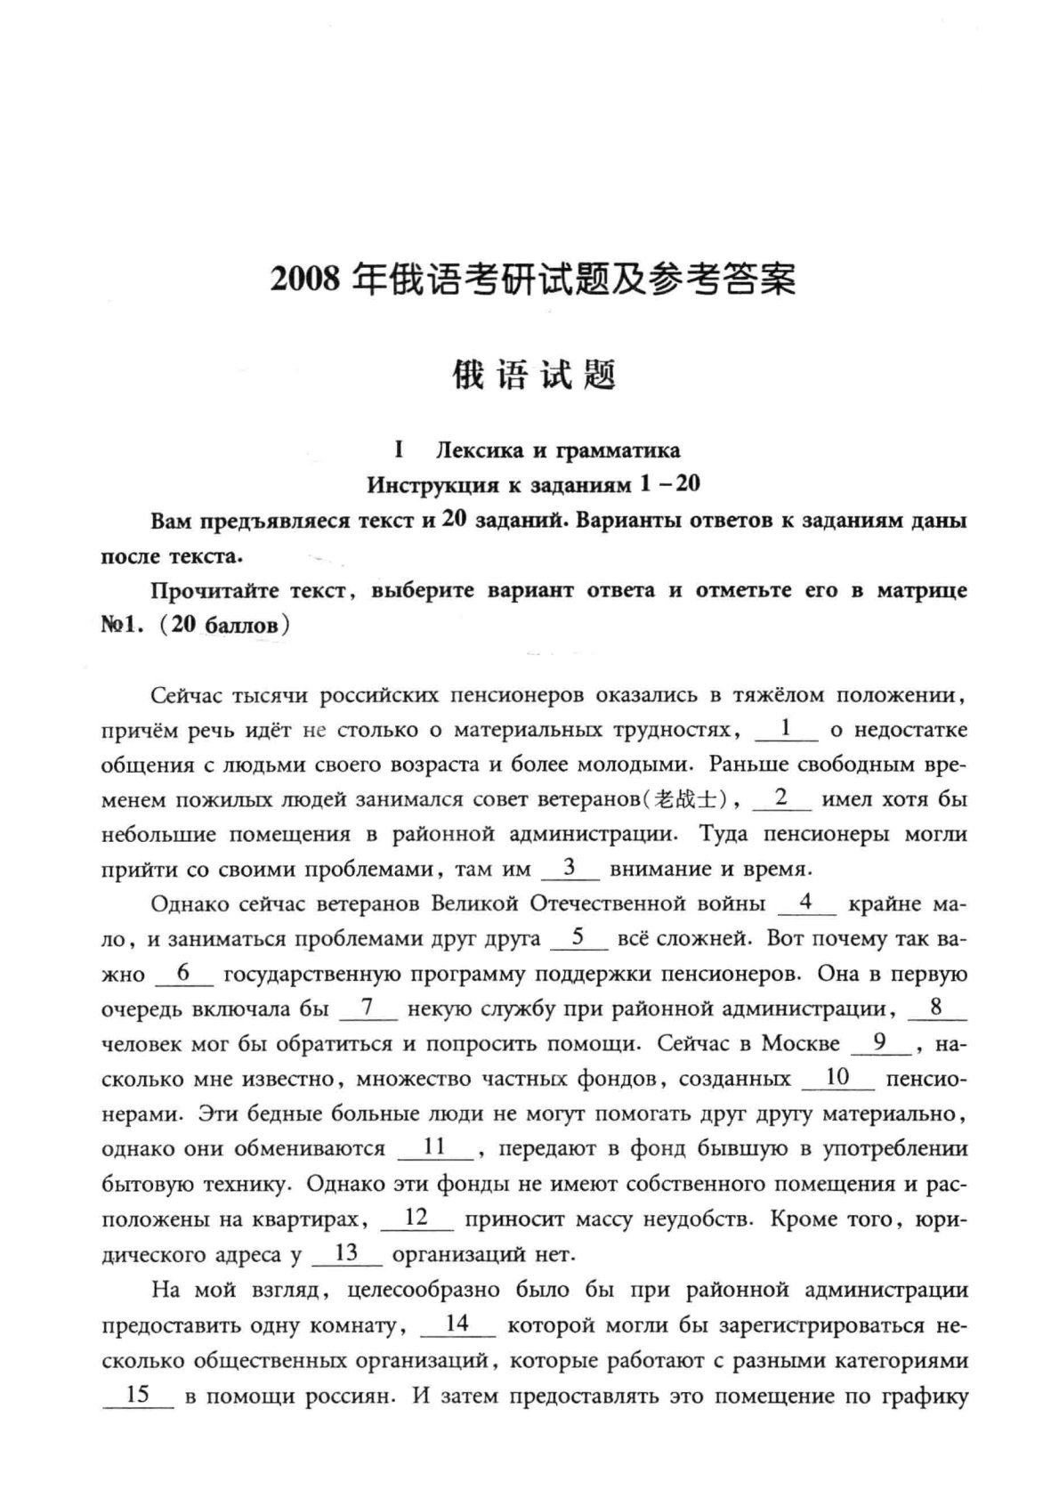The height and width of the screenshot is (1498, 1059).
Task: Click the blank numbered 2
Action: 781,798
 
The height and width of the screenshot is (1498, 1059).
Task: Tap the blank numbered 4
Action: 806,903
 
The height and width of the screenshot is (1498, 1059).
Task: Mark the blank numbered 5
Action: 578,937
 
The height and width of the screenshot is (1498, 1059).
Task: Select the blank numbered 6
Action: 184,973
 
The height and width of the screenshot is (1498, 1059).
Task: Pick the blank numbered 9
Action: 879,1042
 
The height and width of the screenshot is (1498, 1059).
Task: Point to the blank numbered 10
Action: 837,1078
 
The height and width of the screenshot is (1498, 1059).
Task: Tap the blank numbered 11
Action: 434,1147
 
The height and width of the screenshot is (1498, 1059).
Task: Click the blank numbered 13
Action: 347,1253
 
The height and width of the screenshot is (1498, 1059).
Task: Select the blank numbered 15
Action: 139,1394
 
